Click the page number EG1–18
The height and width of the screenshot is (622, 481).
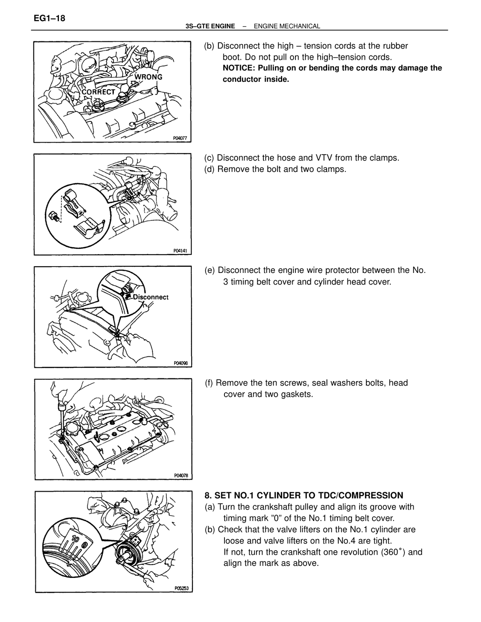tap(49, 18)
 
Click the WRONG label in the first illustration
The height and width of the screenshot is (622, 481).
tap(148, 77)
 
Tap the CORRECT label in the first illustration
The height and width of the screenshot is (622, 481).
tap(98, 92)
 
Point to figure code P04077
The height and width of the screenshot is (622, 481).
tap(180, 138)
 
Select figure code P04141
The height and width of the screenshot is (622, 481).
tap(180, 251)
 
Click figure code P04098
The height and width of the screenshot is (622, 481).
tap(181, 363)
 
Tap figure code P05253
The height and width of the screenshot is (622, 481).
tap(182, 588)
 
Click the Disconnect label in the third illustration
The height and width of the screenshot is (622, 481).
tap(151, 297)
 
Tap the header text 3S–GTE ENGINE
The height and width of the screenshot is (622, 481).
tap(210, 26)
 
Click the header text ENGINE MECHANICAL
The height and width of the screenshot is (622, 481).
tap(287, 26)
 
